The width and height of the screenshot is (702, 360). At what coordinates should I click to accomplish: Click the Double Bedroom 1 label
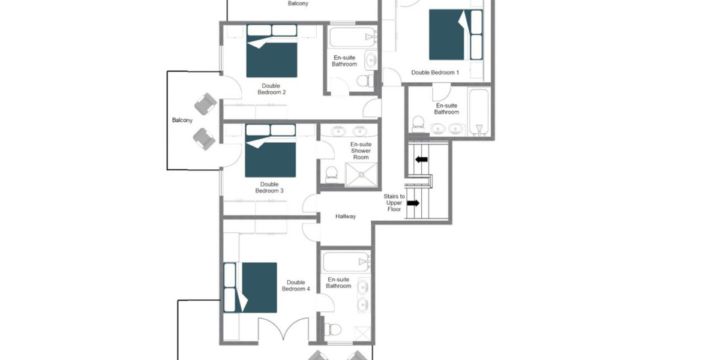click(x=435, y=73)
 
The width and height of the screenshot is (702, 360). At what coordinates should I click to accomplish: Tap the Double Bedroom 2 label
click(x=272, y=89)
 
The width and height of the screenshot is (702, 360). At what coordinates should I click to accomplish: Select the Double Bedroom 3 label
click(x=269, y=187)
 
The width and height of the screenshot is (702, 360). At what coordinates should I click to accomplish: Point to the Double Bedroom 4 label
click(x=296, y=286)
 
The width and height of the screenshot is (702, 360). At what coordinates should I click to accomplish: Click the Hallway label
click(x=346, y=217)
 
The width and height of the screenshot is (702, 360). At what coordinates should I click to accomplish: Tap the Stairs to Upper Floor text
click(x=394, y=203)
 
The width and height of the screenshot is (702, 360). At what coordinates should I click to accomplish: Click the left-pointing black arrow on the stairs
click(x=421, y=159)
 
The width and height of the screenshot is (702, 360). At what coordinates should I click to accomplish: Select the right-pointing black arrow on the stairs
click(x=413, y=203)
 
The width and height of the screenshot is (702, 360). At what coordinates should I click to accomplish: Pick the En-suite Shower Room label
click(x=361, y=151)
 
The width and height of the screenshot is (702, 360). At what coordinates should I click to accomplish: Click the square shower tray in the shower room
click(x=362, y=174)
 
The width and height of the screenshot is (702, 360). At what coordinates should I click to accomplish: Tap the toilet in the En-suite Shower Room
click(x=331, y=174)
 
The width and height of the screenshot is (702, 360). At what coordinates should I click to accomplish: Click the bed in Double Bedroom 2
click(x=272, y=50)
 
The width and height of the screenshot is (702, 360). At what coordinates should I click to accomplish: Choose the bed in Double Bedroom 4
click(x=250, y=287)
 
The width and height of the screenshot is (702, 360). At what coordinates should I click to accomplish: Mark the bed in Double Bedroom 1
click(x=456, y=34)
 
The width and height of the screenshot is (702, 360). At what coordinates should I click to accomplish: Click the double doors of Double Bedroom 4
click(x=284, y=329)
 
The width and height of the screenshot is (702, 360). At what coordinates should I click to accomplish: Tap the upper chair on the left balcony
click(x=205, y=104)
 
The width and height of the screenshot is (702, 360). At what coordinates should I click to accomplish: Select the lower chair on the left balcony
click(x=205, y=139)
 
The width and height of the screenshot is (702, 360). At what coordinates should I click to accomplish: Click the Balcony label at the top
click(x=298, y=4)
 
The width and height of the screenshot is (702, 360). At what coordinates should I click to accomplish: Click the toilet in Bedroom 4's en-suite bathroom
click(x=332, y=330)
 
